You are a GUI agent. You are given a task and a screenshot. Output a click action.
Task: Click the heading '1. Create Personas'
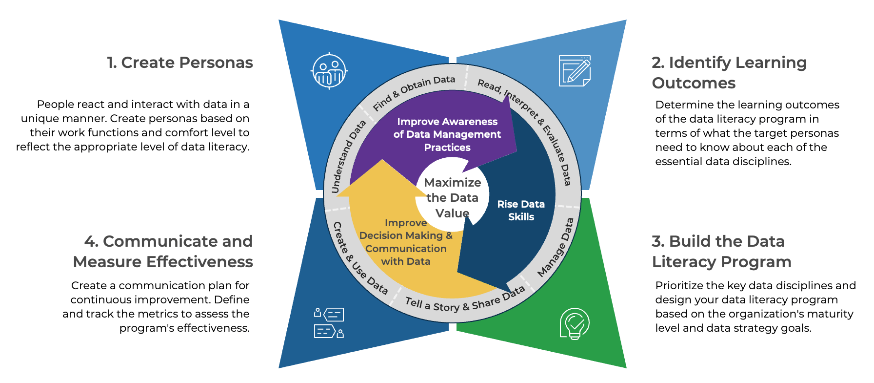180,63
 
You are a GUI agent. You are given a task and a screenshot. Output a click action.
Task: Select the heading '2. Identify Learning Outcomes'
729,72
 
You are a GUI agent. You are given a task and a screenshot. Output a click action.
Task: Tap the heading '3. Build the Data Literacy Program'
721,251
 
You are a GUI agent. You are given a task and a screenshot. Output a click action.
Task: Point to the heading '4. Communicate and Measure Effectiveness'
163,251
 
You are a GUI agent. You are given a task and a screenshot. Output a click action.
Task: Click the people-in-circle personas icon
329,71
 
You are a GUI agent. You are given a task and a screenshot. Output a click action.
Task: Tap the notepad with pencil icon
575,71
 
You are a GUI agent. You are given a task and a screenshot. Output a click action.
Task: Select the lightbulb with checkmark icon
575,323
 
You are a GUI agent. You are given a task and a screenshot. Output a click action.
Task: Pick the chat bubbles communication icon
329,323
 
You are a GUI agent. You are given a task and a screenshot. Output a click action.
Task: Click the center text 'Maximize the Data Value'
452,197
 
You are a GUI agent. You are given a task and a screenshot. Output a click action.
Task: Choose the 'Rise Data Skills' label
521,211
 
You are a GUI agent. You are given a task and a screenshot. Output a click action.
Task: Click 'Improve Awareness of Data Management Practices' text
447,134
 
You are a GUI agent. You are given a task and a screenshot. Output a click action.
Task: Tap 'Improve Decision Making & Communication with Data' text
406,242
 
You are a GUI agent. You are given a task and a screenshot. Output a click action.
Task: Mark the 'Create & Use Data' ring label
359,258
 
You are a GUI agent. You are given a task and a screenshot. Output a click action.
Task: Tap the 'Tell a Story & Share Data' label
465,301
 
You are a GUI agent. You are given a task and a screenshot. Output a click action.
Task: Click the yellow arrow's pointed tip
382,161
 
